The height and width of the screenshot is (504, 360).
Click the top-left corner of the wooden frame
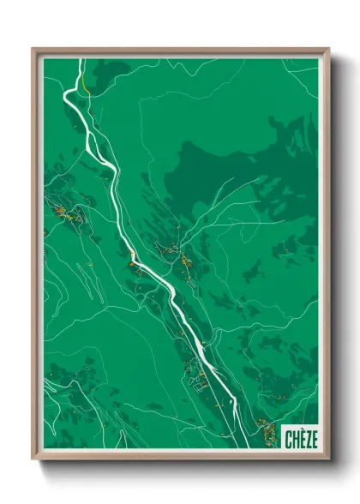[33, 49]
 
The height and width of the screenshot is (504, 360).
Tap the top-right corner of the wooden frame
[328, 49]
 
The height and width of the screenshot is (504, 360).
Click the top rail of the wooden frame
[180, 51]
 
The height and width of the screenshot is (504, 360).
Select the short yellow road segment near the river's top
[87, 87]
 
